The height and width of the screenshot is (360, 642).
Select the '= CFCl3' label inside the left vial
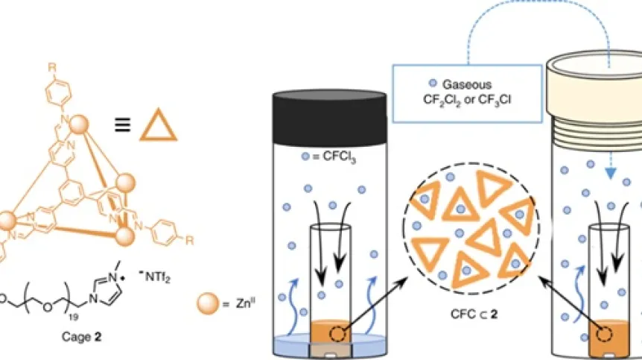[x=328, y=158]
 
